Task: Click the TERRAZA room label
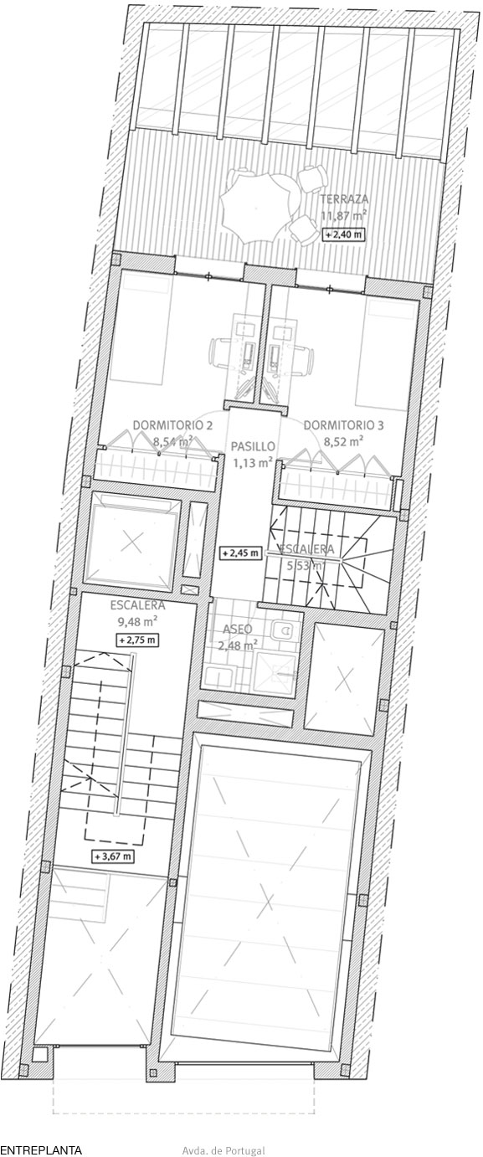pyautogui.click(x=344, y=199)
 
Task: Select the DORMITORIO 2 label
pyautogui.click(x=173, y=425)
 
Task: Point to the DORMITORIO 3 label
pyautogui.click(x=343, y=425)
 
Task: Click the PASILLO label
pyautogui.click(x=253, y=445)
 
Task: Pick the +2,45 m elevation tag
pyautogui.click(x=241, y=553)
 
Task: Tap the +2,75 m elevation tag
pyautogui.click(x=137, y=640)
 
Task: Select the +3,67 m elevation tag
pyautogui.click(x=113, y=856)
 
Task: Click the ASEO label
pyautogui.click(x=238, y=629)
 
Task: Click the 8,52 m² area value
pyautogui.click(x=343, y=442)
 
